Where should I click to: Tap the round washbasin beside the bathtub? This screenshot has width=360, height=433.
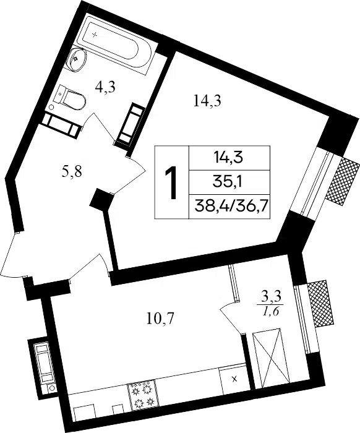pyautogui.click(x=76, y=60)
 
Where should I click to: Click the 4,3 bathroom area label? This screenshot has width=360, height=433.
pyautogui.click(x=105, y=87)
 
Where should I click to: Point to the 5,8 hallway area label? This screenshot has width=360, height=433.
pyautogui.click(x=71, y=172)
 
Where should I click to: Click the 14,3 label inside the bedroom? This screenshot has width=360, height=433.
pyautogui.click(x=207, y=101)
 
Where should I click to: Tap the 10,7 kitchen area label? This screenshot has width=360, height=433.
pyautogui.click(x=160, y=319)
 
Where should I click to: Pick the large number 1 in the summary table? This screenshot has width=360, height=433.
pyautogui.click(x=171, y=182)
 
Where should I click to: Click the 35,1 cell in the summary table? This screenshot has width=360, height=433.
pyautogui.click(x=229, y=182)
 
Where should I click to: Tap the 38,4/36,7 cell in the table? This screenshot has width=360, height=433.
pyautogui.click(x=229, y=206)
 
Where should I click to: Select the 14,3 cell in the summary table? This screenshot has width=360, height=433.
pyautogui.click(x=229, y=158)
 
